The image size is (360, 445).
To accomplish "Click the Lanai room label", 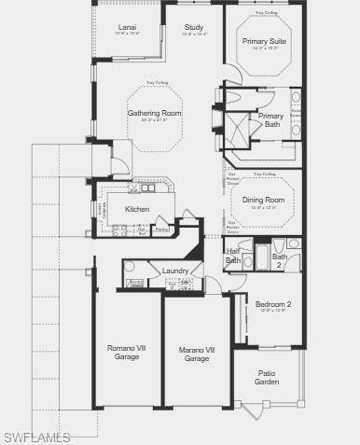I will pos(127,28).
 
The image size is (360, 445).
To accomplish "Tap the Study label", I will pos(194,28).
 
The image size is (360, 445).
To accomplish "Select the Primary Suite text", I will pos(265,42).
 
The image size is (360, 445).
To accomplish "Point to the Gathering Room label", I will pos(155,113).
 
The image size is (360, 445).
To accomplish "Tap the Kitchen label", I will pos(137,209).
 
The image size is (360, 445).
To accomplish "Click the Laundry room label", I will pos(175,271).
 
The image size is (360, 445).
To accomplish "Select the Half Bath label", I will pos(233,256).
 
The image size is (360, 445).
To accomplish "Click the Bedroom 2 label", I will pos(273,304).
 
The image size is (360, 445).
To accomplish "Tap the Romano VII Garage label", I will pos(127,353).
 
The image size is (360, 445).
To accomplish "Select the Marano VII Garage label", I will pos(196,354).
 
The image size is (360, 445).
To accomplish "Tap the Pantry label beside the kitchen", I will pos(161,229).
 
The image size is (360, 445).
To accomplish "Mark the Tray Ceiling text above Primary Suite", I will pos(265,14).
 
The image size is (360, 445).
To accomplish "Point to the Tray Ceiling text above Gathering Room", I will pos(155,83).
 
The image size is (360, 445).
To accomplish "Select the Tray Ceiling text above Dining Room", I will pos(264,174).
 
